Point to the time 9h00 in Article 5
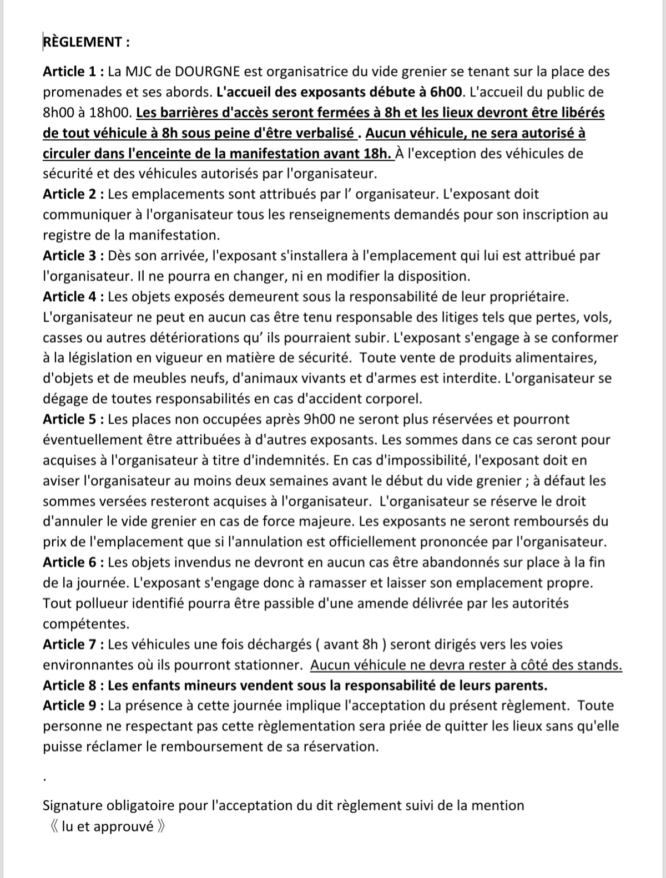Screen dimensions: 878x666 319,419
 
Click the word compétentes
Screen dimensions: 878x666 85,624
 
